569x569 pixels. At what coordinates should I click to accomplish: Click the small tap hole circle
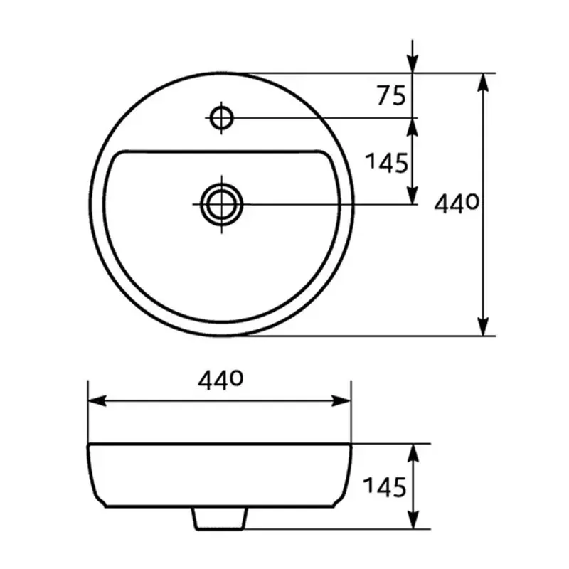[221, 117]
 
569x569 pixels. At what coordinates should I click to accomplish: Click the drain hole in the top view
[221, 204]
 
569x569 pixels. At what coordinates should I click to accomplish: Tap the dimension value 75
[391, 95]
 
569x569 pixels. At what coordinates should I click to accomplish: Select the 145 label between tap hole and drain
[387, 163]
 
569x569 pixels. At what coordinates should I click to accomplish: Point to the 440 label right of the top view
[456, 205]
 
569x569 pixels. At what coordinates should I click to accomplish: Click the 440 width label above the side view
[221, 382]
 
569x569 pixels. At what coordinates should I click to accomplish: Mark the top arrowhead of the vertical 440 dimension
[484, 82]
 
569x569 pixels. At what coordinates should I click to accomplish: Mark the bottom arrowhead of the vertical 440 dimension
[484, 326]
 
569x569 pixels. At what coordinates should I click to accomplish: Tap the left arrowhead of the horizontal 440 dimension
[97, 401]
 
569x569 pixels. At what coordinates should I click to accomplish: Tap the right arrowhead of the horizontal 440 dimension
[342, 401]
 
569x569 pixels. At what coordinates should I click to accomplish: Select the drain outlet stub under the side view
[220, 519]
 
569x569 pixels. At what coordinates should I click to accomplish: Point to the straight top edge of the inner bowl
[221, 151]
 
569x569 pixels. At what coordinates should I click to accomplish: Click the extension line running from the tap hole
[320, 117]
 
